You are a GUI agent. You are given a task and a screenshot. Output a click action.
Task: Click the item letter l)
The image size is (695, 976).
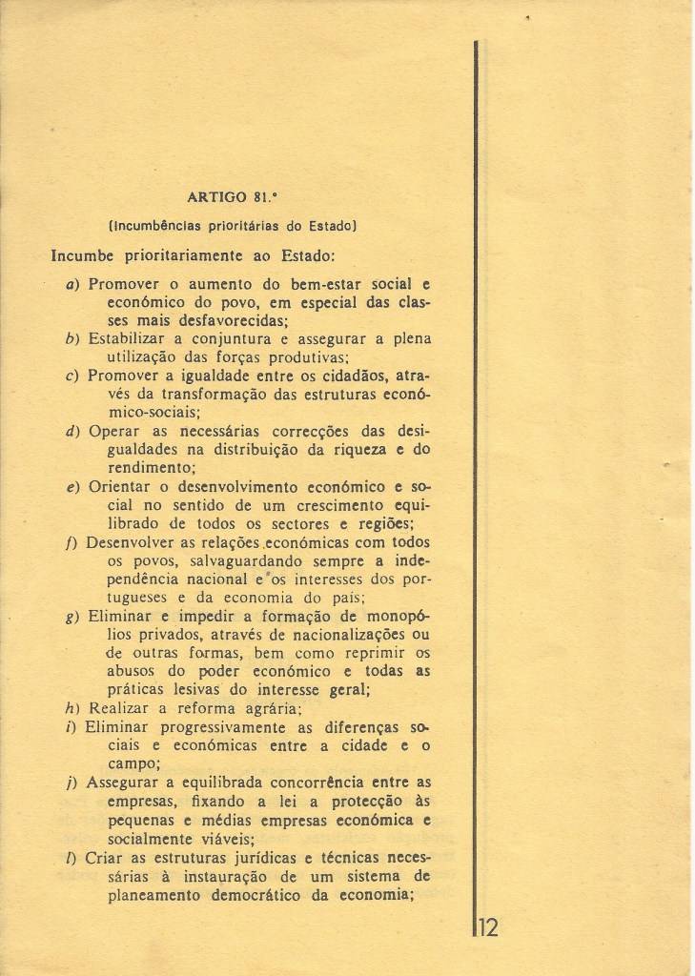[x=72, y=858]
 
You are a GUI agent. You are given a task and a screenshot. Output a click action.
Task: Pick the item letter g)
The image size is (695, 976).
[x=72, y=617]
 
